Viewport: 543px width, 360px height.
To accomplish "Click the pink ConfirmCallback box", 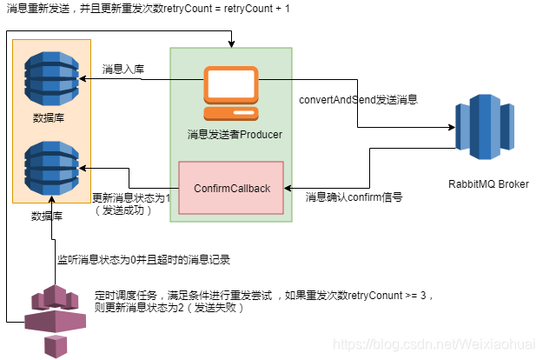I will (x=230, y=188).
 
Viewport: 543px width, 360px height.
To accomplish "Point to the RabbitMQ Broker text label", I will (x=487, y=183).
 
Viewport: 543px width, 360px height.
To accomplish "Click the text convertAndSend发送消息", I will (x=359, y=99).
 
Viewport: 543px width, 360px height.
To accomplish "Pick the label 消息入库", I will (x=123, y=69).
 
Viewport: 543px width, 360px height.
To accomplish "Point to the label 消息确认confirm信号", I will (x=354, y=197).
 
